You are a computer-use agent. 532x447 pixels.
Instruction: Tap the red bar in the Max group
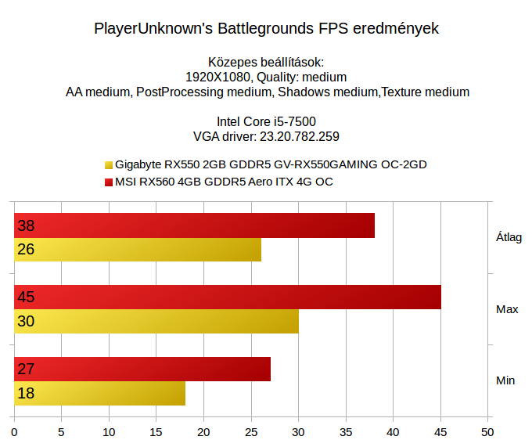(228, 297)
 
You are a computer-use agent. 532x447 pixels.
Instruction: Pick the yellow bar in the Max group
(156, 322)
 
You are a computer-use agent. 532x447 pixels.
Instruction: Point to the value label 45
(26, 297)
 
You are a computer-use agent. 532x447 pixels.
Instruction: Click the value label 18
(26, 393)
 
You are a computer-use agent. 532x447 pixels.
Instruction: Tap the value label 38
(26, 225)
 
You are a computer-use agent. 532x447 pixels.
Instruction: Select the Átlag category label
(509, 237)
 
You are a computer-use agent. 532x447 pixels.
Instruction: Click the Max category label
(507, 309)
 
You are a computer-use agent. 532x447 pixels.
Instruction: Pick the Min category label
(505, 380)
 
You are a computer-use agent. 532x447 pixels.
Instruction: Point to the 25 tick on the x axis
(251, 431)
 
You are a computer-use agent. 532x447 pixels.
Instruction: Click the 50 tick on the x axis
(488, 431)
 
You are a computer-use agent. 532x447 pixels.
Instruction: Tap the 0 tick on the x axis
(14, 431)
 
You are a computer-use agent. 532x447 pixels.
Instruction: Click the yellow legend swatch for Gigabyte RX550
(108, 165)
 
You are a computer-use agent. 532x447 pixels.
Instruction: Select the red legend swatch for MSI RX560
(108, 182)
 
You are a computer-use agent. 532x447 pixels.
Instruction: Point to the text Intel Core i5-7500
(266, 121)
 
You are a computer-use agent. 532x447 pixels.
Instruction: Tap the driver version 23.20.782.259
(299, 136)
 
